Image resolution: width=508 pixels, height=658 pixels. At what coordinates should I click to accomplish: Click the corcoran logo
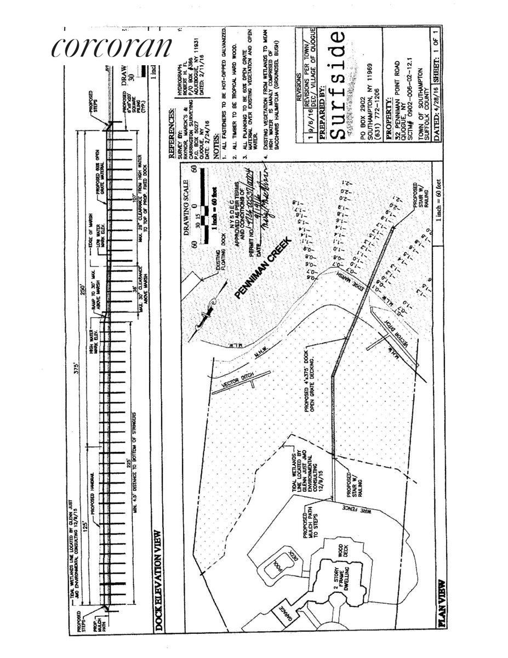[x=112, y=46]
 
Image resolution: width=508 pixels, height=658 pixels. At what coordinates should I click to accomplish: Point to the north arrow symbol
[x=207, y=315]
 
